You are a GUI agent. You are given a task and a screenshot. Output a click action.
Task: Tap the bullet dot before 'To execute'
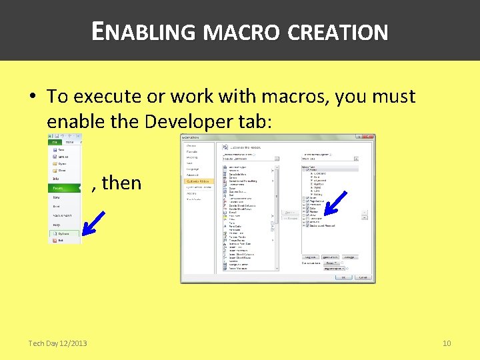coord(32,97)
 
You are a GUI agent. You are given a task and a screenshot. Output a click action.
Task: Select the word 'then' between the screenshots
coord(121,182)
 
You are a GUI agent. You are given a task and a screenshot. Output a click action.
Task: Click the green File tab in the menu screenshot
coord(54,142)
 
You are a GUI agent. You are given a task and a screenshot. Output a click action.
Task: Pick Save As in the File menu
coord(61,157)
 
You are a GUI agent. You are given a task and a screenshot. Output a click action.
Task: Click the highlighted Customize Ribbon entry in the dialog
coord(199,181)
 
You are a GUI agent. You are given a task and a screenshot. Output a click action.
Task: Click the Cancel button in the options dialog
coord(363,277)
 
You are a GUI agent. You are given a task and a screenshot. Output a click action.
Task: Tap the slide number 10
coord(447,343)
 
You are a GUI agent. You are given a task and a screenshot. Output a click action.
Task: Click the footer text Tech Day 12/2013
coord(57,343)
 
